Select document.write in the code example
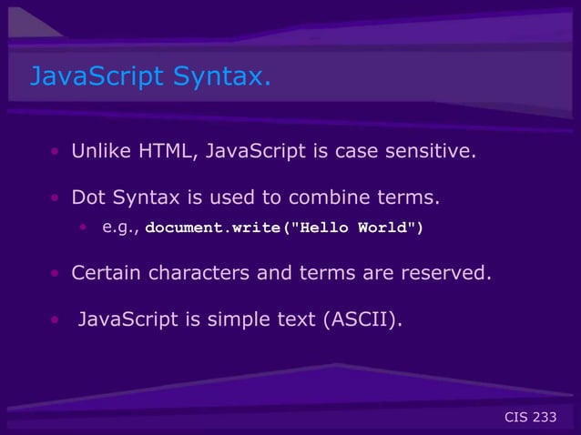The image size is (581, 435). point(215,228)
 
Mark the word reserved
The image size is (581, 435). point(443,272)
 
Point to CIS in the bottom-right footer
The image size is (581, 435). point(515,418)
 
